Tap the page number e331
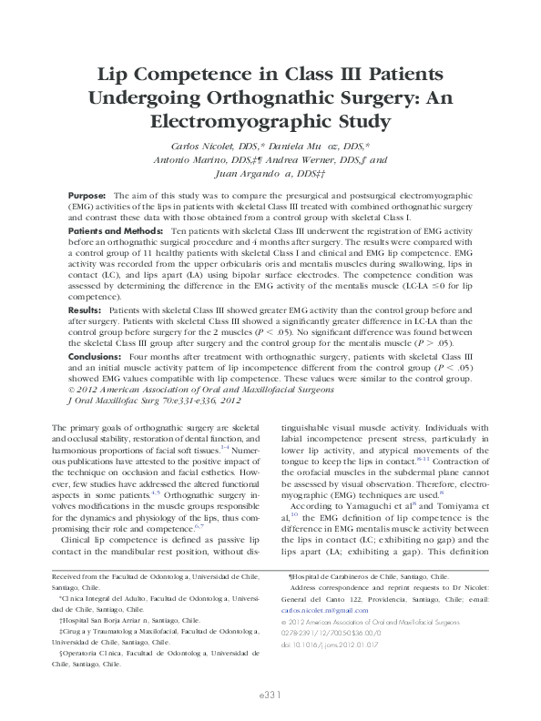(270, 693)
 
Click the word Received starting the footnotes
(69, 576)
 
